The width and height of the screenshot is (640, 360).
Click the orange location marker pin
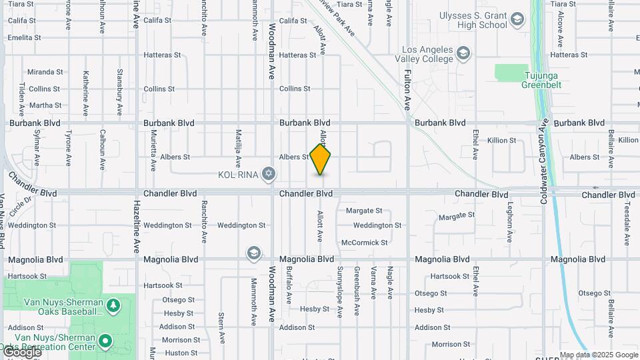(320, 159)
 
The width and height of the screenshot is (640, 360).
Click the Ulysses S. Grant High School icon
(517, 19)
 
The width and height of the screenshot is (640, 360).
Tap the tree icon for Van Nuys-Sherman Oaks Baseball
(114, 305)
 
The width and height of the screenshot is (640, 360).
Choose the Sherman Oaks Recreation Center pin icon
(105, 342)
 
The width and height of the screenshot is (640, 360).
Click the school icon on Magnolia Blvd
(253, 253)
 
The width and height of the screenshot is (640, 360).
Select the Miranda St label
(45, 72)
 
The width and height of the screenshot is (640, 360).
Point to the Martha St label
(45, 105)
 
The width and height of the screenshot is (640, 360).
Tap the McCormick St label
(364, 243)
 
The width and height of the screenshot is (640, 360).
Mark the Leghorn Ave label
(509, 222)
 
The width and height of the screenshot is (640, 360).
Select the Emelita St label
(25, 37)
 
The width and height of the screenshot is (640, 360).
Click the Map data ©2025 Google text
(599, 355)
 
